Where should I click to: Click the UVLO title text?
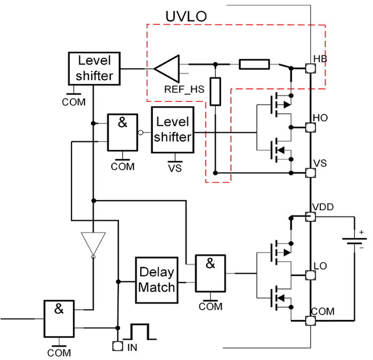point(186,17)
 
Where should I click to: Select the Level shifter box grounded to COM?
point(94,69)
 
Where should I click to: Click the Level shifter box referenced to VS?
point(173,130)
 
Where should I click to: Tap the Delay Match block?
point(157,280)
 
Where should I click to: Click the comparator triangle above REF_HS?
point(166,69)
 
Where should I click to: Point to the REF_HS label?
point(184,89)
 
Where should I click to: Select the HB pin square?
point(311,68)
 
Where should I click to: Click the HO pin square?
point(311,127)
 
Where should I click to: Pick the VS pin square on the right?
point(311,173)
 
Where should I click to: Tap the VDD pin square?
point(311,217)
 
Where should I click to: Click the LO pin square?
point(311,275)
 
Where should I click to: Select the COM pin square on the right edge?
point(311,321)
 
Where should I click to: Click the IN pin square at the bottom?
point(118,346)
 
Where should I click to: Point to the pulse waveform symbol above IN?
point(140,331)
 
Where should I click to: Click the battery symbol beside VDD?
point(354,241)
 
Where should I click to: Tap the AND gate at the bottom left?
point(59,319)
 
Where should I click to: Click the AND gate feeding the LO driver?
point(210,273)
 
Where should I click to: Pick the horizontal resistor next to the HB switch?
point(254,65)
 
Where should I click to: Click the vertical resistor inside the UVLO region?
point(215,91)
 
